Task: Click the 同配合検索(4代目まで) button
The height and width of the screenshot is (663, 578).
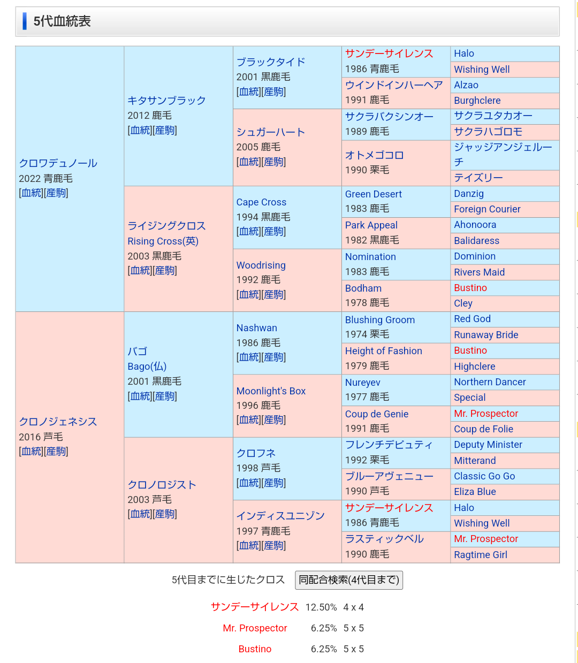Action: point(349,580)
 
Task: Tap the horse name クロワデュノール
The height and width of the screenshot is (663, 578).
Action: point(58,163)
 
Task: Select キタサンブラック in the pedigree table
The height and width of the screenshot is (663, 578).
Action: point(166,101)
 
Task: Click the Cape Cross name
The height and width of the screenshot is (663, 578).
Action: point(261,202)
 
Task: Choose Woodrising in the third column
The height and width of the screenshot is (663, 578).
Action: point(261,265)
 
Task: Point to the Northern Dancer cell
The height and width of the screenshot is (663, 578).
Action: point(490,382)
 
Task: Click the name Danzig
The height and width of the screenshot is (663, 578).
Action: point(469,194)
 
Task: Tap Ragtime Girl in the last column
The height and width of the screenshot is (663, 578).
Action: point(481,555)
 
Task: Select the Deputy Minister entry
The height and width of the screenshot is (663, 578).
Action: point(488,445)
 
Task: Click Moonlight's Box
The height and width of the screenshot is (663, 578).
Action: point(271,391)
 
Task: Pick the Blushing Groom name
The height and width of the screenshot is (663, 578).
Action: point(380,320)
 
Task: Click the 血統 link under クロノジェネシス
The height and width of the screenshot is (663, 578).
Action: point(32,451)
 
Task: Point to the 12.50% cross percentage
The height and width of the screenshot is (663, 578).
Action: point(321,607)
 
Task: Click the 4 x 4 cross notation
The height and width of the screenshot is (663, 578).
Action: point(354,607)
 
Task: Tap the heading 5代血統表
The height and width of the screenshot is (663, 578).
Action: point(62,21)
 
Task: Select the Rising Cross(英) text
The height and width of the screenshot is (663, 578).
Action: point(163,241)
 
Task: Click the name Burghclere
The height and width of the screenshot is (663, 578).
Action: point(477,101)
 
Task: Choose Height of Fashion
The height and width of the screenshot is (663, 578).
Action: point(384,351)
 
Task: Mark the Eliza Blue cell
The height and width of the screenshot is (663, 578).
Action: point(475,492)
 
